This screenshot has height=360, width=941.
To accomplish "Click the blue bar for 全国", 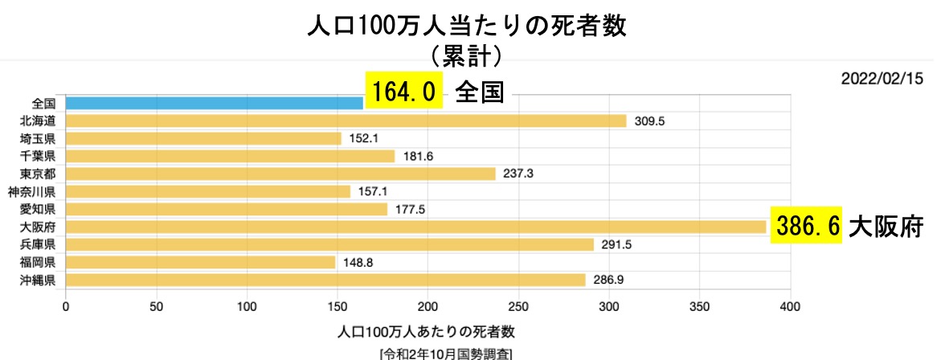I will [x=215, y=103].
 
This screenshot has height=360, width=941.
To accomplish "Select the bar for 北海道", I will [x=346, y=121].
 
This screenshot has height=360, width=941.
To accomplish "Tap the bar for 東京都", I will [x=280, y=174].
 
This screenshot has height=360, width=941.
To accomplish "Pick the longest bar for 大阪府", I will [x=415, y=227].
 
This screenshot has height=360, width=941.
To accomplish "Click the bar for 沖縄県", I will [x=325, y=280].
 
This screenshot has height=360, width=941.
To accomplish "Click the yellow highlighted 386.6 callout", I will [x=807, y=227].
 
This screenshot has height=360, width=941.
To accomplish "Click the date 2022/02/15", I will [x=882, y=79].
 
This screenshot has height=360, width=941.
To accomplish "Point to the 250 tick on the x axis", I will [x=519, y=306].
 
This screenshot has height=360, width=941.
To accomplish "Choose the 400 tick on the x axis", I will [x=791, y=306].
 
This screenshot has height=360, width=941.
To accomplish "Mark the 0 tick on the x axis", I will [x=66, y=306].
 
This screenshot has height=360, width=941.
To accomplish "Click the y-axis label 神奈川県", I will [x=32, y=191].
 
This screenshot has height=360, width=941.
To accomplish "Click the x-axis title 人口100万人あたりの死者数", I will [x=427, y=331].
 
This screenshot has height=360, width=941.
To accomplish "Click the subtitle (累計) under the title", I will [x=466, y=55].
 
